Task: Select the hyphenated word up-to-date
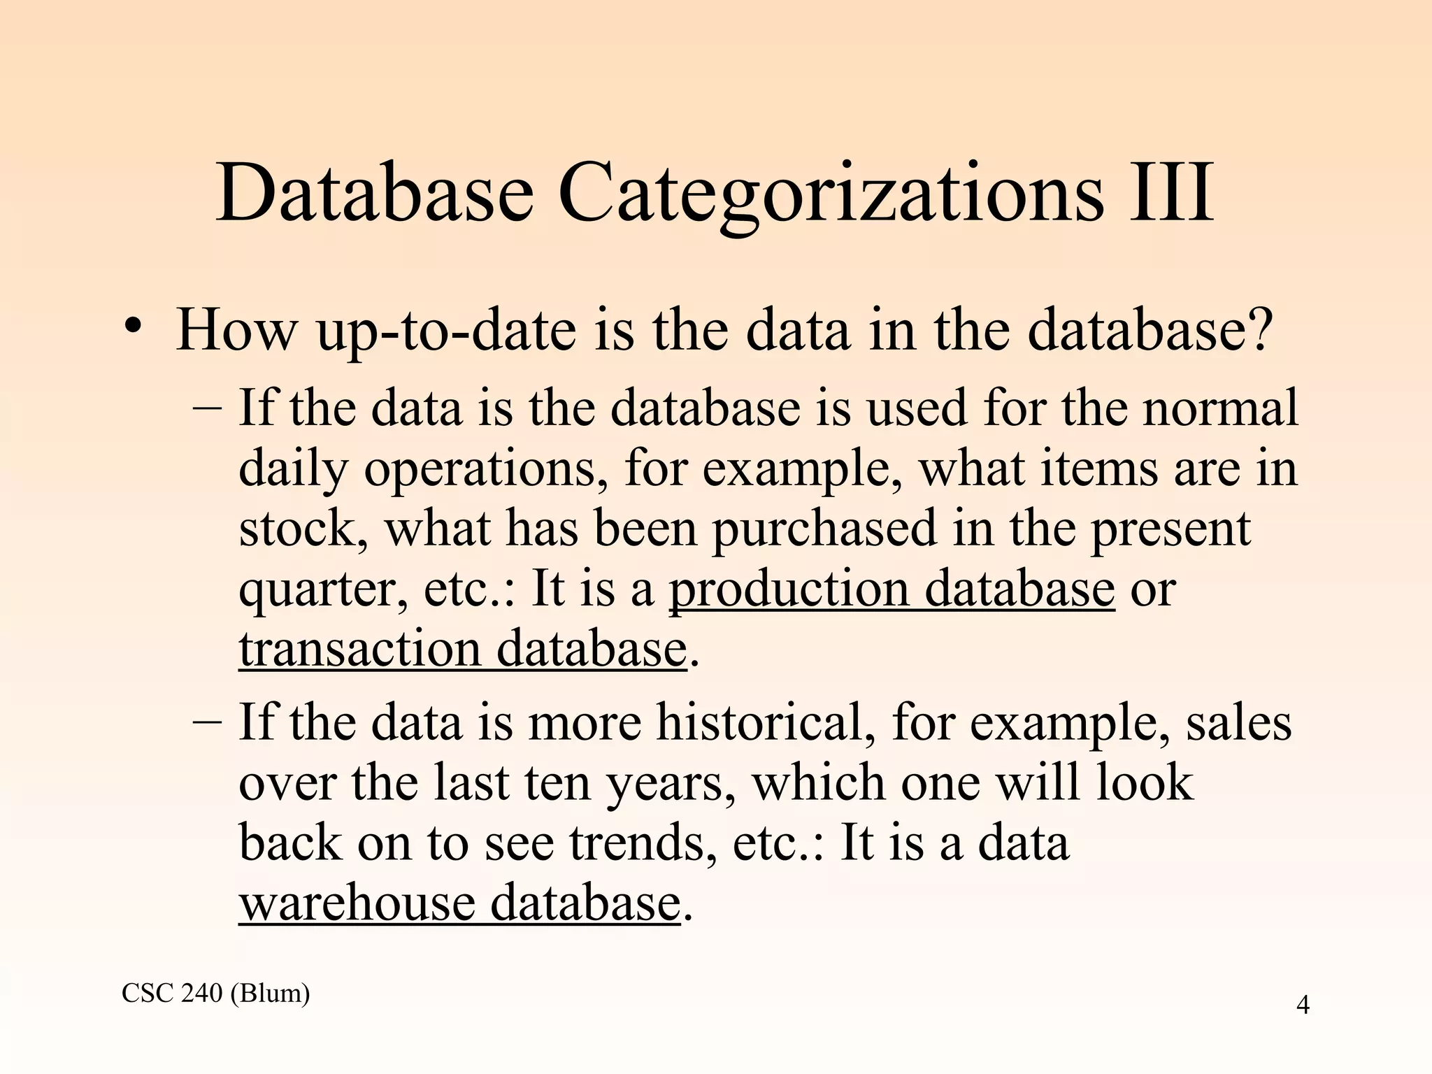pyautogui.click(x=447, y=331)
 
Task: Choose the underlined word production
pyautogui.click(x=789, y=590)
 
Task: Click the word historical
pyautogui.click(x=765, y=722)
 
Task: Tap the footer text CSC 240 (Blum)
pyautogui.click(x=215, y=992)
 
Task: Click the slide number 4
pyautogui.click(x=1303, y=1005)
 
